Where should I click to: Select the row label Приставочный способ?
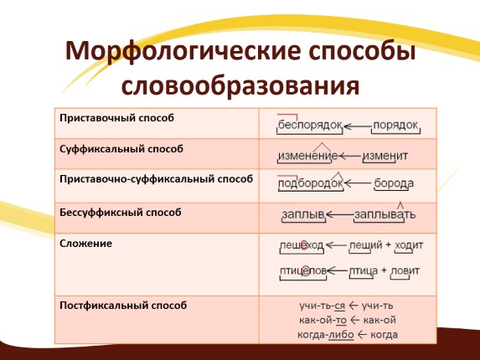[x=117, y=118]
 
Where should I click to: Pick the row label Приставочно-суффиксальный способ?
[x=156, y=180]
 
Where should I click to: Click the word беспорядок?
[x=310, y=125]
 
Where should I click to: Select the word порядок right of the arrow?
[x=395, y=125]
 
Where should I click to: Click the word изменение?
[x=307, y=156]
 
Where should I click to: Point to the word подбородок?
[x=311, y=183]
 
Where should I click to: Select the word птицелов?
[x=302, y=271]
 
